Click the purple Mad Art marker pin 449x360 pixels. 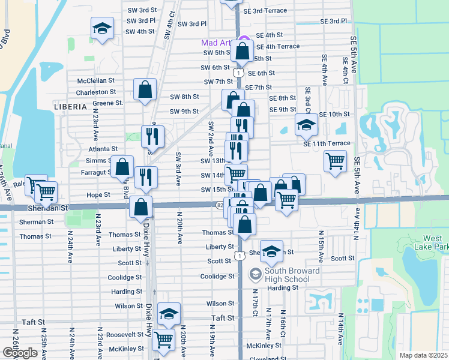[x=243, y=42]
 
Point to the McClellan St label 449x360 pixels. [x=96, y=80]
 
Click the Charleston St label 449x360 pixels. [x=96, y=92]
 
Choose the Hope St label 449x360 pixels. [x=98, y=195]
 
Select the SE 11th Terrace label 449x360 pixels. [x=327, y=143]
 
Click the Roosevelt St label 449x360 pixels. [x=124, y=335]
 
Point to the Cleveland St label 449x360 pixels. [x=267, y=358]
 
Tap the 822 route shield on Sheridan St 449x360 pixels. [x=221, y=205]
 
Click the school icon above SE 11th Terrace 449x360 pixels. [x=306, y=125]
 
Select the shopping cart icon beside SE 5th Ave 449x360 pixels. [x=334, y=160]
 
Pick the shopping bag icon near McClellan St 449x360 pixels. [x=145, y=90]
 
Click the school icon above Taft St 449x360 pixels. [x=169, y=314]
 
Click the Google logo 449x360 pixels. [x=20, y=352]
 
